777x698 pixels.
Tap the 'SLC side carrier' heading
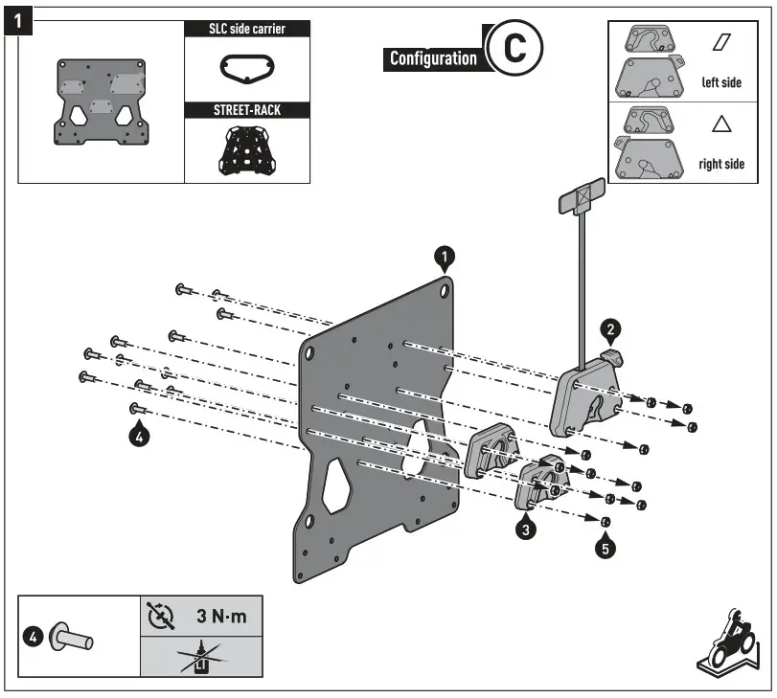(247, 29)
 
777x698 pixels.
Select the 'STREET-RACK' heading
(247, 110)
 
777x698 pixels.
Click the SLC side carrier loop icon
(246, 68)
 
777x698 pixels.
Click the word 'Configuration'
(433, 58)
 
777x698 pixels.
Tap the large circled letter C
(514, 47)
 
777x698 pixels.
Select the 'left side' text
(721, 82)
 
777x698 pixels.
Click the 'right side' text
(721, 164)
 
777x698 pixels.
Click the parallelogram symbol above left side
(721, 43)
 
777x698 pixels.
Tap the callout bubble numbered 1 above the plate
(445, 256)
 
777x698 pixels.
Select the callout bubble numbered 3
(525, 527)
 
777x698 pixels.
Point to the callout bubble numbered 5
(605, 549)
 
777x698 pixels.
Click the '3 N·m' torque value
(221, 616)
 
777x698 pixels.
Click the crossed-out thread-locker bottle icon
(200, 659)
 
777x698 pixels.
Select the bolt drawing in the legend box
(70, 635)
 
